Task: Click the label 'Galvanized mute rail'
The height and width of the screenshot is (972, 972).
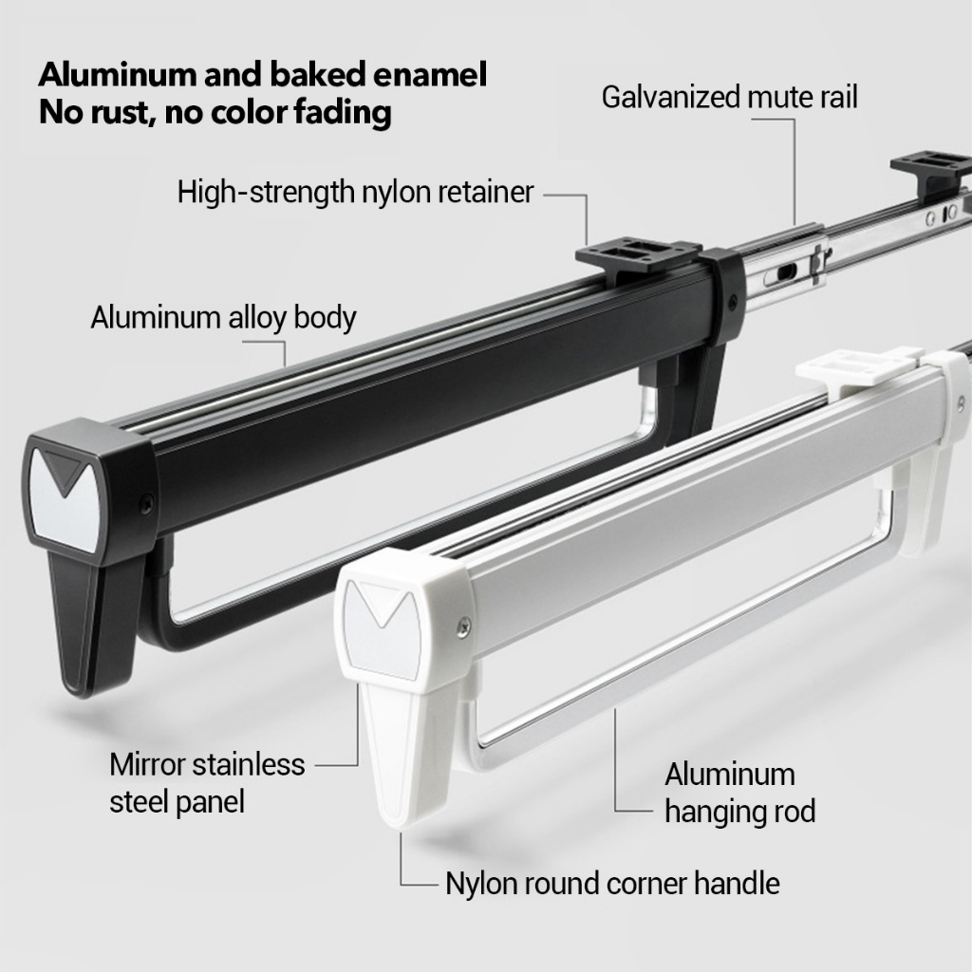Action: point(729,97)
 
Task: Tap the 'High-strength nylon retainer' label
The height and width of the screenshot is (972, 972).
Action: point(356,192)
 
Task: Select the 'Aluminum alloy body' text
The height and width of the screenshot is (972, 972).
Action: point(223,317)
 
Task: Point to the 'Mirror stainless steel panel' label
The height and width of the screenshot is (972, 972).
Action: point(207,783)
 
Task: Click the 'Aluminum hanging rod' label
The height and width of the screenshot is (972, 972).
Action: point(739,793)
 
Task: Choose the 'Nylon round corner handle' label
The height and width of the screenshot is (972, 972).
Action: point(612,884)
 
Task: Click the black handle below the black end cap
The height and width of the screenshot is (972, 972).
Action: point(95,626)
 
